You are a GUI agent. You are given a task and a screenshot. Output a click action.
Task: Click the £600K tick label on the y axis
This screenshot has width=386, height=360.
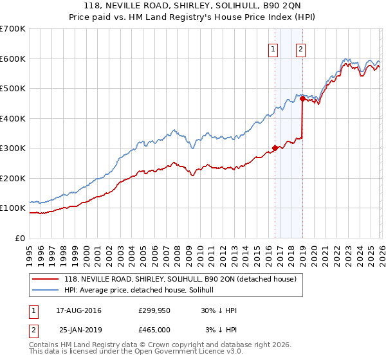click(13, 59)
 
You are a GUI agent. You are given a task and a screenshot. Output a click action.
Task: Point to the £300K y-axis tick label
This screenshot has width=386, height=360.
click(13, 148)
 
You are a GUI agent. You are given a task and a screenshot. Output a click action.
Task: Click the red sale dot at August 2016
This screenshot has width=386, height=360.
click(275, 148)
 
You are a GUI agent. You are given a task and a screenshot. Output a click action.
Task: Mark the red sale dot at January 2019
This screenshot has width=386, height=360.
click(302, 99)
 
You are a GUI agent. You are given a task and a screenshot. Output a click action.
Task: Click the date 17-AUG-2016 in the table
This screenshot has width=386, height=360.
click(78, 310)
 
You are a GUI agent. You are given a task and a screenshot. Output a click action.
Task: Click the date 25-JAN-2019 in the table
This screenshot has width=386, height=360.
click(78, 330)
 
